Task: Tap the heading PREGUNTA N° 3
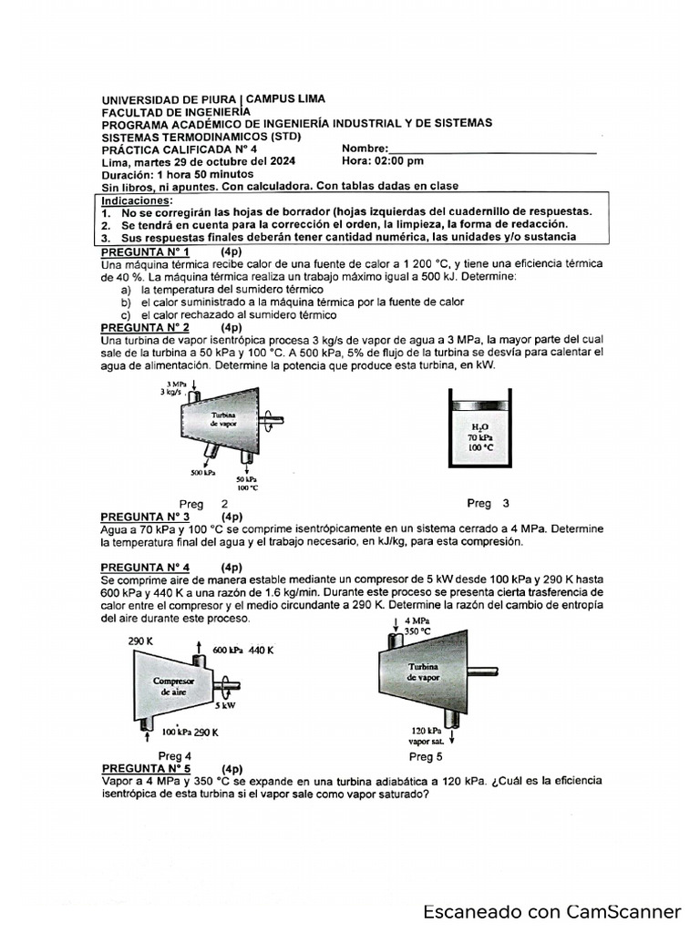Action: (146, 515)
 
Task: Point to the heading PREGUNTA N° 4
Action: (146, 567)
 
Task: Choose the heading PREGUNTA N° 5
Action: (146, 768)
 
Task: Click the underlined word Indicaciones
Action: (136, 199)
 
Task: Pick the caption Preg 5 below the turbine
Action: (426, 756)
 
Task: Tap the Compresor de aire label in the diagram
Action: (173, 686)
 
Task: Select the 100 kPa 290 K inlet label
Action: (190, 732)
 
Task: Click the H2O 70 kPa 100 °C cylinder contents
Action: (480, 436)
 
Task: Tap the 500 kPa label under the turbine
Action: (202, 473)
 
